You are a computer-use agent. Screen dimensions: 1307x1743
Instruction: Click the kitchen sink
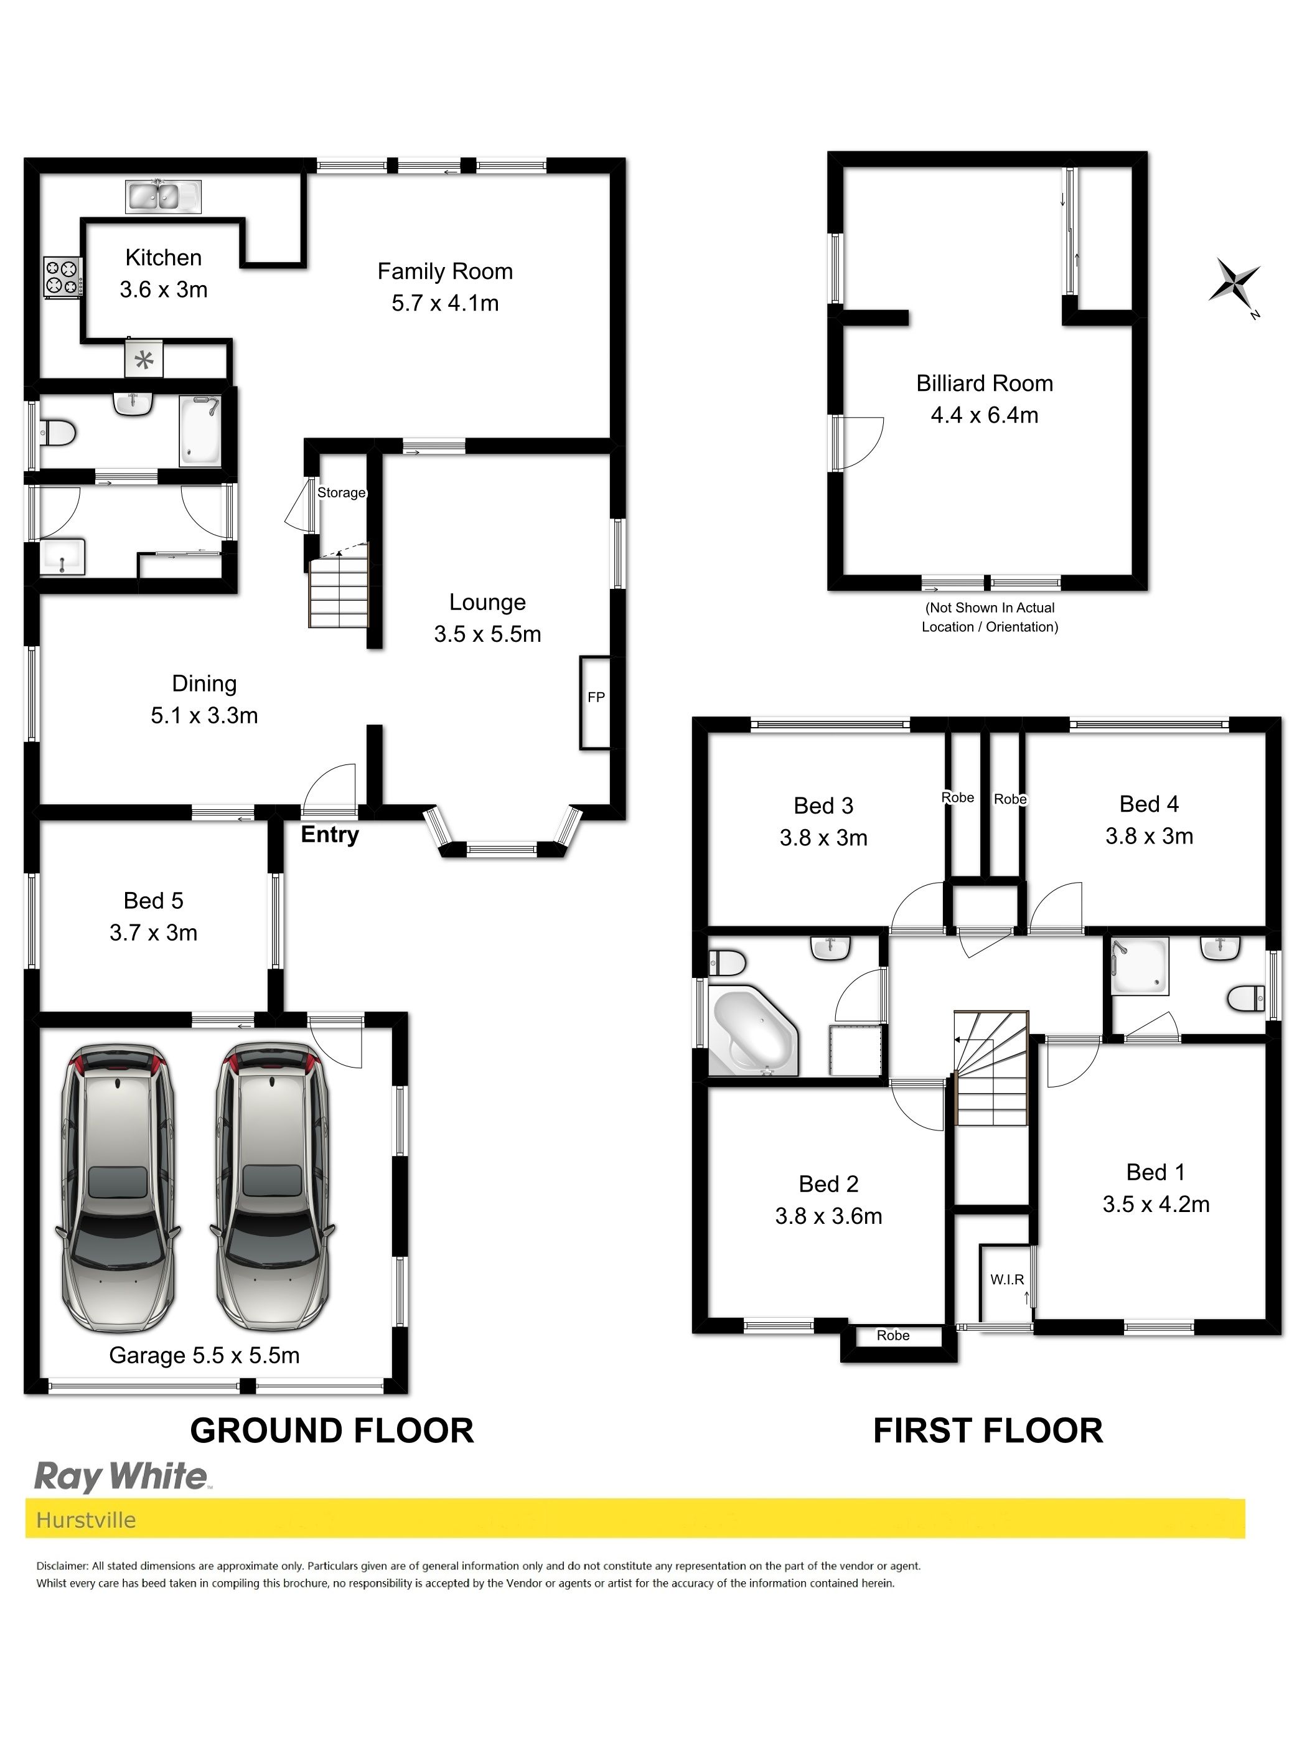[x=163, y=196]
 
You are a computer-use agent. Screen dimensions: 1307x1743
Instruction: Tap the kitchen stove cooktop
[x=62, y=278]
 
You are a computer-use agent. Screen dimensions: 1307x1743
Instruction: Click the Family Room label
[x=445, y=271]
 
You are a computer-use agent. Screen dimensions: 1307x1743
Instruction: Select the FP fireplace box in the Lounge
[x=595, y=702]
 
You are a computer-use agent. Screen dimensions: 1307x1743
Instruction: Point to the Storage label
[x=341, y=492]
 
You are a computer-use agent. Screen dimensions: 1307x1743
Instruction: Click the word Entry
[x=330, y=835]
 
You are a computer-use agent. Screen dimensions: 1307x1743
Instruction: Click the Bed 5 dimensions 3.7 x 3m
[x=154, y=933]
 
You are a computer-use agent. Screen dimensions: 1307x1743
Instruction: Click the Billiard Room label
[x=985, y=383]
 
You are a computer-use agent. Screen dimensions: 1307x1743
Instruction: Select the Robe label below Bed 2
[x=892, y=1335]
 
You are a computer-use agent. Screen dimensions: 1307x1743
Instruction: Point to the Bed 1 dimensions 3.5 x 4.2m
[x=1156, y=1204]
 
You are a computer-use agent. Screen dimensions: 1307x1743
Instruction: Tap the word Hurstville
[x=86, y=1520]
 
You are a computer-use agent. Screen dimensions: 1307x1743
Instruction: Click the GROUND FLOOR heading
[x=332, y=1430]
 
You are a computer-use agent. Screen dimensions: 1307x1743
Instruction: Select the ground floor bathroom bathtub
[x=200, y=430]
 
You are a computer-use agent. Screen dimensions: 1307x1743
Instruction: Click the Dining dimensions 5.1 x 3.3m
[x=204, y=715]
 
